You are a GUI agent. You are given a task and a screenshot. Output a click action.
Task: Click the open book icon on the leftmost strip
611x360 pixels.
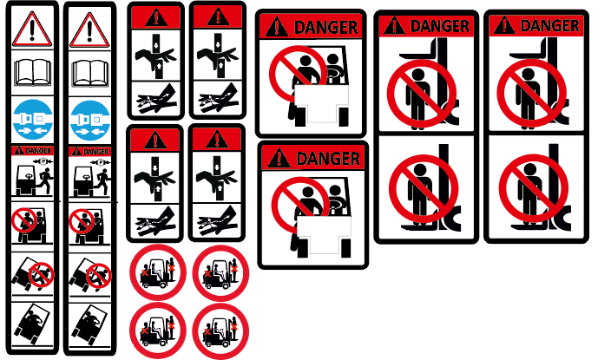click(32, 73)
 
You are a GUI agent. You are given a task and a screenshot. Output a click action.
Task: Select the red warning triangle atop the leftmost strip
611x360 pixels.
click(32, 29)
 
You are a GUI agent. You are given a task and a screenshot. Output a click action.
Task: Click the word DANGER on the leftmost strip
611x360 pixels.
click(38, 151)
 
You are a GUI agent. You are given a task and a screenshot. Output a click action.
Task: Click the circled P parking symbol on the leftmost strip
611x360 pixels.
click(43, 161)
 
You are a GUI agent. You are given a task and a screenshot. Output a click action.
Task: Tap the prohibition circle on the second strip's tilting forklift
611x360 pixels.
click(98, 276)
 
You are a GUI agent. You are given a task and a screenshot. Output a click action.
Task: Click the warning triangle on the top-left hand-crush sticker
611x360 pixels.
click(156, 18)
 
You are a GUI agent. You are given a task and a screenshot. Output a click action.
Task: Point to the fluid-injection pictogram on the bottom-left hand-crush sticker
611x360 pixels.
click(155, 222)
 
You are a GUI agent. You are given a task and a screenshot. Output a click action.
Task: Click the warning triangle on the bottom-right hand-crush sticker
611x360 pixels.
click(217, 140)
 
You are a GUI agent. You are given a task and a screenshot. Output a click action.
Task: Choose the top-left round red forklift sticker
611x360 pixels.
click(158, 272)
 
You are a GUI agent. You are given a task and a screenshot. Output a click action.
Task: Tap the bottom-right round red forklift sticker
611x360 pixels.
click(220, 331)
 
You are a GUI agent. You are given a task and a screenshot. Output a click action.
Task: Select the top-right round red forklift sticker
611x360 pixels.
click(220, 272)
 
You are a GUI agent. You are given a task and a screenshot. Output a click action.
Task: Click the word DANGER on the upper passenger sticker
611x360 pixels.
click(326, 27)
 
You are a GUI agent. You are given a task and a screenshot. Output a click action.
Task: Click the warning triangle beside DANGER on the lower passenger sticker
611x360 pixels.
click(279, 158)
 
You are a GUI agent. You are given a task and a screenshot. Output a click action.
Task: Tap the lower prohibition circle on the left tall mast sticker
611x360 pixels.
click(424, 188)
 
